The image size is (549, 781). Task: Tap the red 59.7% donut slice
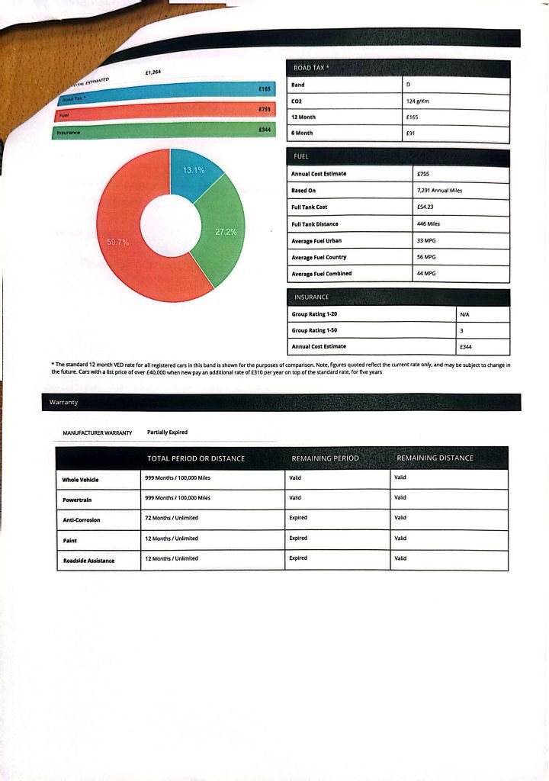click(x=130, y=244)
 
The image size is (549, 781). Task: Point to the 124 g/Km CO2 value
click(x=421, y=101)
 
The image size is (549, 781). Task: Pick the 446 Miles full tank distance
click(x=428, y=223)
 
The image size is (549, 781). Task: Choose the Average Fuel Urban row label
click(x=316, y=240)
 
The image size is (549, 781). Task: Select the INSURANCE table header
click(x=311, y=297)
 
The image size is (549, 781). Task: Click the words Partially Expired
click(x=167, y=432)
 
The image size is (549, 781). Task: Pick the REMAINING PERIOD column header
click(x=325, y=458)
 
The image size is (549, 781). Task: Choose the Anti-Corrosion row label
click(x=82, y=519)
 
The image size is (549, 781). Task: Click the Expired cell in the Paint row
click(x=298, y=538)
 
